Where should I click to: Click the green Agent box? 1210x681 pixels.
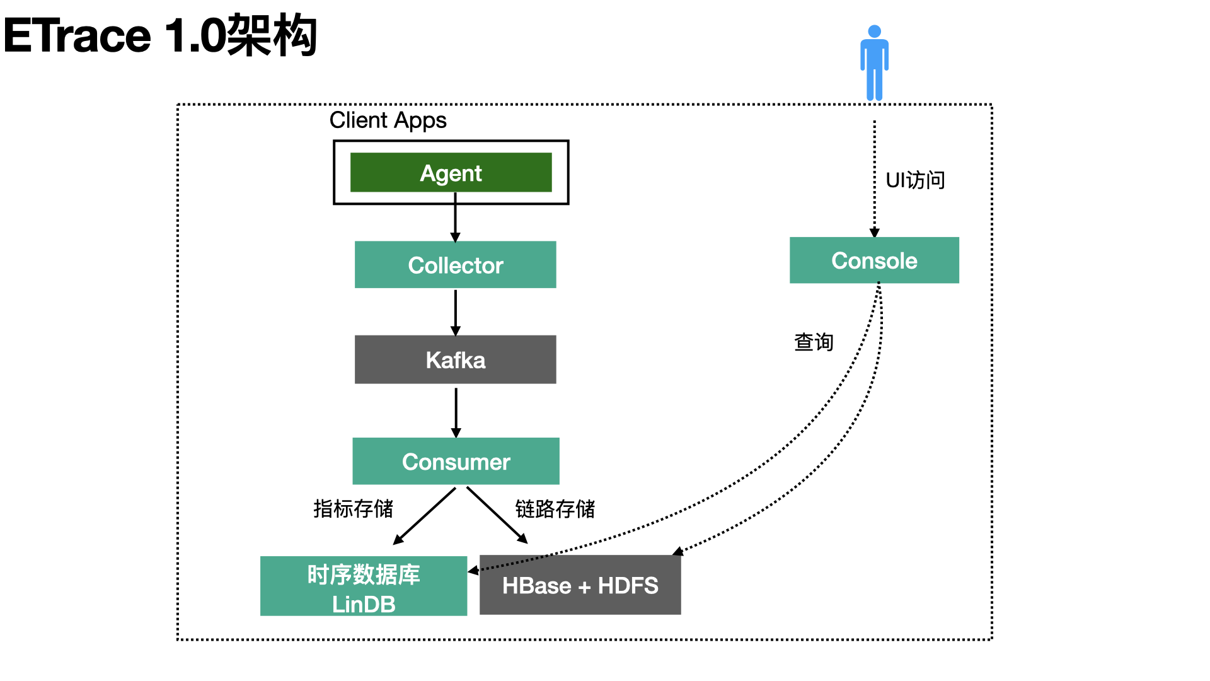(x=451, y=172)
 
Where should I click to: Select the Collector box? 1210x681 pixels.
(x=455, y=265)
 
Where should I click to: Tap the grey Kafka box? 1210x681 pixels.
(x=455, y=359)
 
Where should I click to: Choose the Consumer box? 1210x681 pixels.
(x=456, y=461)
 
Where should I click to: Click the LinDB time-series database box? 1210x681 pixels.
(x=364, y=586)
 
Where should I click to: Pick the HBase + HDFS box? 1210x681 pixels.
(x=580, y=585)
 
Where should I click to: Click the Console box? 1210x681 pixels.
(x=874, y=260)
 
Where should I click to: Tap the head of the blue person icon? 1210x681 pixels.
(x=874, y=32)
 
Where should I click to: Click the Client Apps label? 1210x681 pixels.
(x=388, y=120)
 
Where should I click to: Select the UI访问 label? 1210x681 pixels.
(x=915, y=180)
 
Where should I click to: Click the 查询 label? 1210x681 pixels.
(x=814, y=342)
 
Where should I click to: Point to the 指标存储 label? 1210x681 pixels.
(x=353, y=508)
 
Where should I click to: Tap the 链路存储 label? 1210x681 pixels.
(x=555, y=509)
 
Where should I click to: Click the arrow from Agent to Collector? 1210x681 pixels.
(x=455, y=218)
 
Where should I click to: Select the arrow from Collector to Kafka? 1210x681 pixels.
(x=455, y=312)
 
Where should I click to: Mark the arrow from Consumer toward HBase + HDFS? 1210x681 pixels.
(x=497, y=515)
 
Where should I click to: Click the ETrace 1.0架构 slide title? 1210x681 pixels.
(x=160, y=35)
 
